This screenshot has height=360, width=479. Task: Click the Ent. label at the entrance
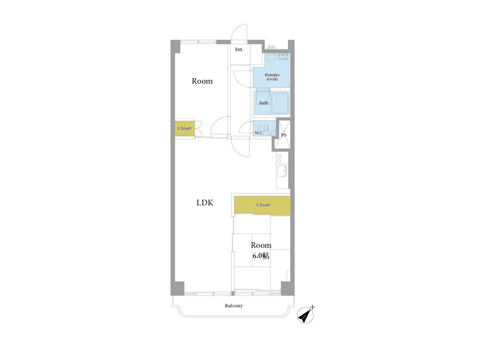pyautogui.click(x=239, y=49)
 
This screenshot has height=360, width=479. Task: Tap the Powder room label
pyautogui.click(x=272, y=77)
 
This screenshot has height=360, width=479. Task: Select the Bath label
pyautogui.click(x=264, y=103)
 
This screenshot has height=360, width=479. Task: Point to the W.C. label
pyautogui.click(x=259, y=133)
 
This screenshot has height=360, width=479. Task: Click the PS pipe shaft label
pyautogui.click(x=284, y=135)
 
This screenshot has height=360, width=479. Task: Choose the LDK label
pyautogui.click(x=204, y=202)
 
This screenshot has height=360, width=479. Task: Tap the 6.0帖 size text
pyautogui.click(x=261, y=256)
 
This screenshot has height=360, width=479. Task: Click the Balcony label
pyautogui.click(x=234, y=305)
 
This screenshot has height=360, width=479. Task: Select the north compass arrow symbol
pyautogui.click(x=306, y=315)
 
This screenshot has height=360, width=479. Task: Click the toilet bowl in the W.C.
pyautogui.click(x=263, y=128)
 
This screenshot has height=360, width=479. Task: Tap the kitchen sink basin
pyautogui.click(x=282, y=171)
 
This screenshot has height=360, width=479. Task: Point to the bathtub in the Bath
pyautogui.click(x=280, y=103)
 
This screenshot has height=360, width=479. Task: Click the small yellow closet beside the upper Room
pyautogui.click(x=185, y=128)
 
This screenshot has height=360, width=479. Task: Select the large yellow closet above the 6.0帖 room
pyautogui.click(x=262, y=205)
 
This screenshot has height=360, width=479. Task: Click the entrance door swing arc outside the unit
pyautogui.click(x=239, y=32)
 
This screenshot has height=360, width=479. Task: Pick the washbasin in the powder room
pyautogui.click(x=283, y=56)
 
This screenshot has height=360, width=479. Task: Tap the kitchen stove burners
pyautogui.click(x=279, y=158)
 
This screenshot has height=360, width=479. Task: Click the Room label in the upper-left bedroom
pyautogui.click(x=202, y=81)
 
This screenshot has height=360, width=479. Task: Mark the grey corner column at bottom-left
pyautogui.click(x=177, y=288)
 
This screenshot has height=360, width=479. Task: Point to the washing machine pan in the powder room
pyautogui.click(x=271, y=57)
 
